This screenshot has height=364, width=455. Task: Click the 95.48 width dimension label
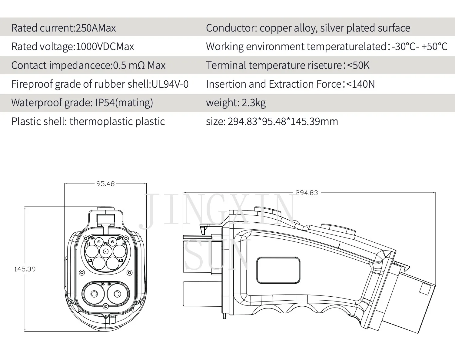pyautogui.click(x=105, y=184)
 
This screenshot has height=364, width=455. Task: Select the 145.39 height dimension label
pyautogui.click(x=25, y=269)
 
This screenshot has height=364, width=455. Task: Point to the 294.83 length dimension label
pyautogui.click(x=307, y=193)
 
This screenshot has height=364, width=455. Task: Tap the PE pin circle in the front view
pyautogui.click(x=105, y=251)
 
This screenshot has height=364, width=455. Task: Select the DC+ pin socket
pyautogui.click(x=117, y=294)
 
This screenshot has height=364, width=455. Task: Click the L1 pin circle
pyautogui.click(x=92, y=251)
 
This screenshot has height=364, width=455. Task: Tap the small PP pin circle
pyautogui.click(x=99, y=242)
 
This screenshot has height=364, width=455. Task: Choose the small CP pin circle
pyautogui.click(x=113, y=242)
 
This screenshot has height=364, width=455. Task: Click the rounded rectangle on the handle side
pyautogui.click(x=278, y=270)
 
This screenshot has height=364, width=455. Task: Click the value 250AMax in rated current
pyautogui.click(x=95, y=28)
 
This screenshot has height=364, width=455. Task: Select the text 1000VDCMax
pyautogui.click(x=105, y=47)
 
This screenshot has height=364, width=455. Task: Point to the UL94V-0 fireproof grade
pyautogui.click(x=170, y=84)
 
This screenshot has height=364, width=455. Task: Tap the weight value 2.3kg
pyautogui.click(x=254, y=103)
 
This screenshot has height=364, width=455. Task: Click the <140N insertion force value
pyautogui.click(x=360, y=84)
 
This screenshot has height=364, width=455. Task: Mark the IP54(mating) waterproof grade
pyautogui.click(x=124, y=103)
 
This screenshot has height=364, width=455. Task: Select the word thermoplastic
pyautogui.click(x=101, y=122)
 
